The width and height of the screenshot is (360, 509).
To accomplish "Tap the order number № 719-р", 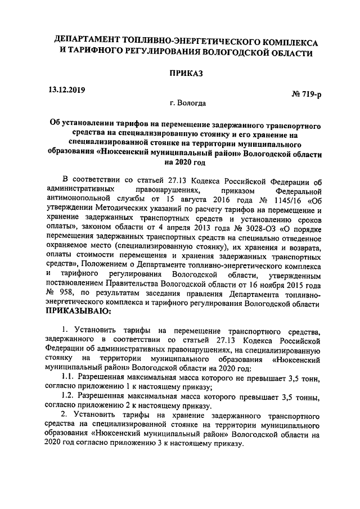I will pyautogui.click(x=306, y=95).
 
